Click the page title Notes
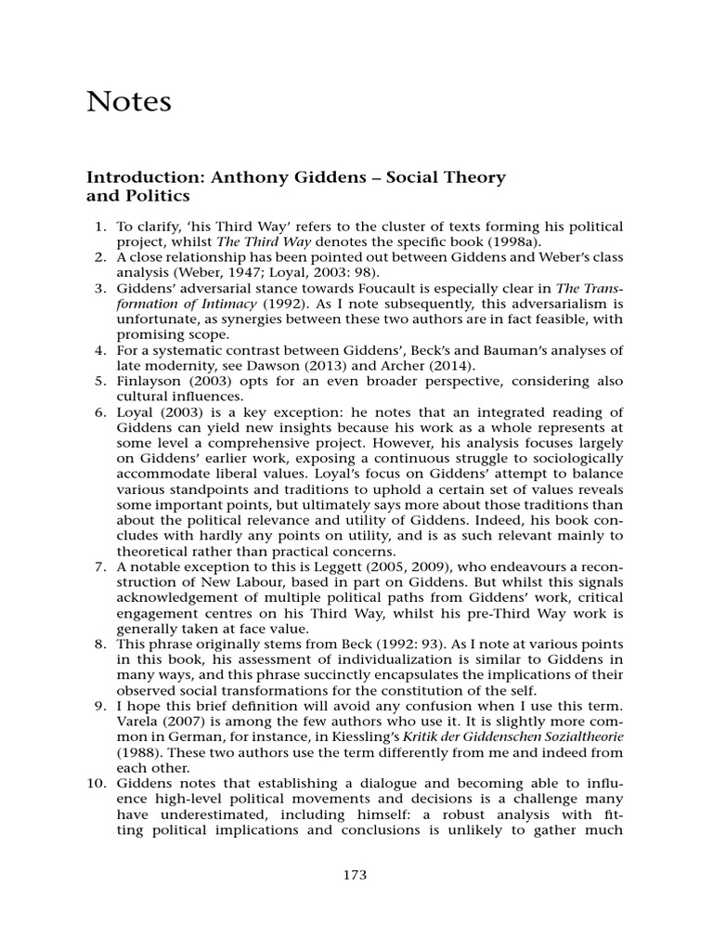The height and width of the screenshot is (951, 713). coord(129,101)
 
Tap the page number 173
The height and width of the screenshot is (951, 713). coord(356,874)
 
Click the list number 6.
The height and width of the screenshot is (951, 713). coord(102,411)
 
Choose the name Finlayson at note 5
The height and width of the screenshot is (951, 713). coord(149,381)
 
